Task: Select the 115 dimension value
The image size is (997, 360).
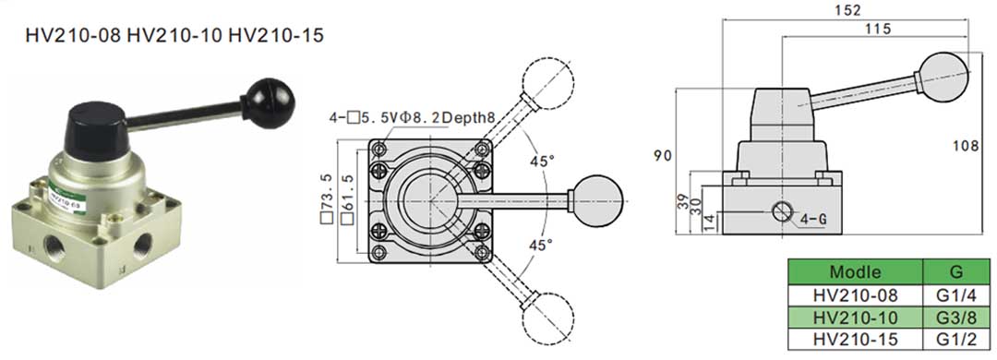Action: point(879,30)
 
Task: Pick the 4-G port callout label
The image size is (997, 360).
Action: point(812,221)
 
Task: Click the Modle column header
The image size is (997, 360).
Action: point(855,272)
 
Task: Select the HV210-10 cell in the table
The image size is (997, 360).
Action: point(855,318)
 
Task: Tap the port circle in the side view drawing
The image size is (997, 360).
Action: point(783,211)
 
